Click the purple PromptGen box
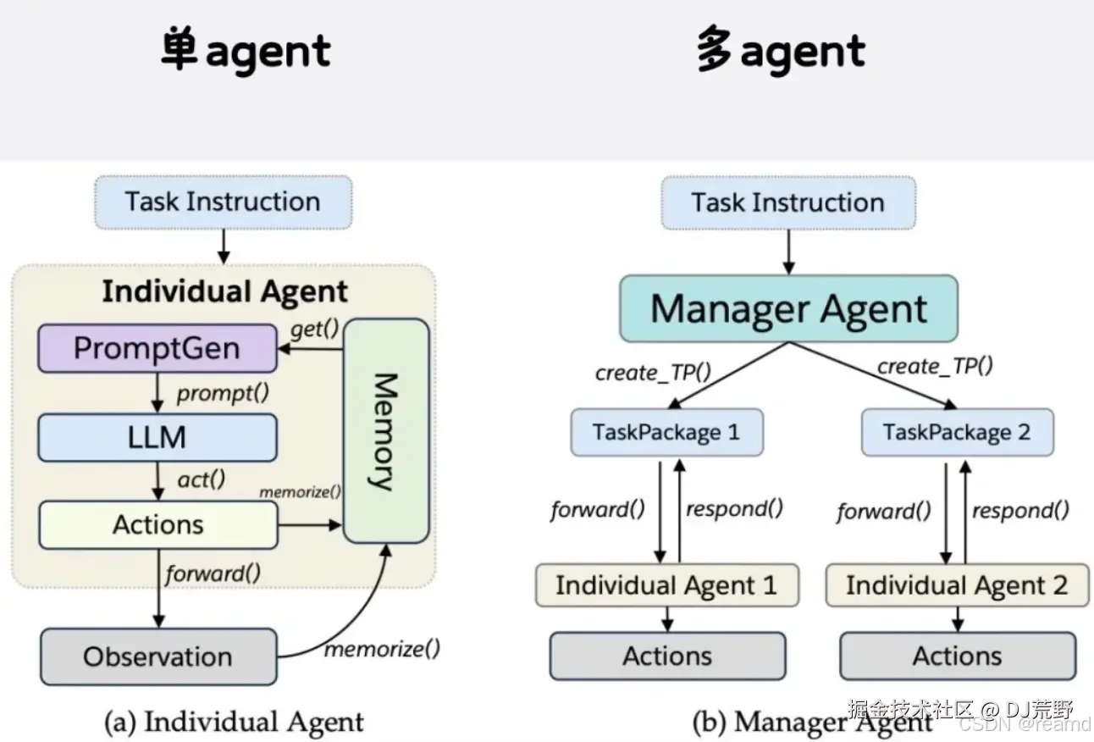(x=157, y=348)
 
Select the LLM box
(x=157, y=437)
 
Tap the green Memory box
(x=386, y=430)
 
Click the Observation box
(x=158, y=656)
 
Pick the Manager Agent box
(x=789, y=308)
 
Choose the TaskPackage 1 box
(x=666, y=432)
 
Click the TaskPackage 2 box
(x=957, y=432)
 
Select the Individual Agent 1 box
(x=667, y=585)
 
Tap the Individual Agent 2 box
(x=957, y=585)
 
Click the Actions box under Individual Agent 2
(x=958, y=656)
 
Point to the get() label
(x=314, y=329)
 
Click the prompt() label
(x=223, y=393)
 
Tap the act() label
(x=202, y=479)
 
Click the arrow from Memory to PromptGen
(x=311, y=349)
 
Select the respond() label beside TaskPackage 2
(x=1020, y=511)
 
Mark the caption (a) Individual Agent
(x=235, y=722)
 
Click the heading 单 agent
(x=246, y=51)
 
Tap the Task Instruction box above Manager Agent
(x=788, y=202)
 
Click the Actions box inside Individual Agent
(x=158, y=525)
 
